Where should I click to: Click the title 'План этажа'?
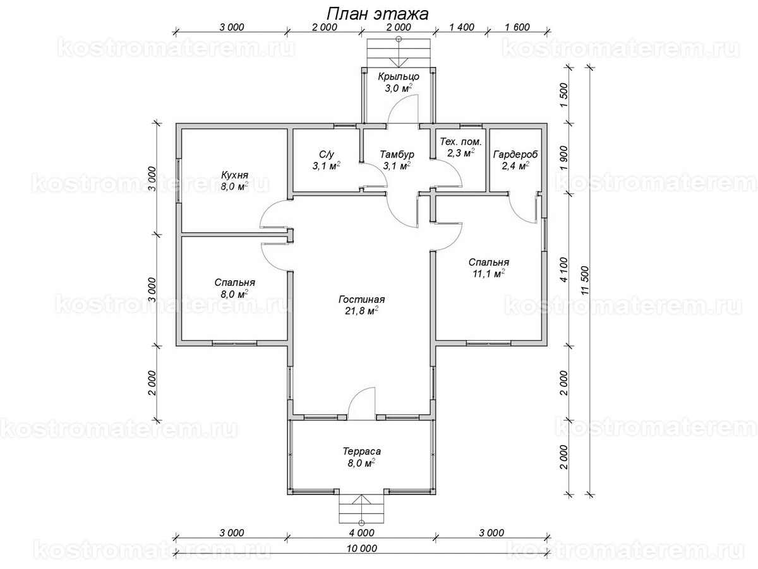[377, 14]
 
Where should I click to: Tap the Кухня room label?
[234, 175]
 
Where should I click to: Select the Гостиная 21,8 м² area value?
[361, 311]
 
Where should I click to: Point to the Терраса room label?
[361, 451]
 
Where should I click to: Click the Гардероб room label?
[515, 154]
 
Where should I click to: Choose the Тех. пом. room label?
[460, 142]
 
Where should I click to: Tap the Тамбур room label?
[397, 154]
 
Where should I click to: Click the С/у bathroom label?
[327, 154]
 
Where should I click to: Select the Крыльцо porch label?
[399, 76]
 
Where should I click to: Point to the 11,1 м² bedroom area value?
[489, 274]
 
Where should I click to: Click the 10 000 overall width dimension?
[361, 548]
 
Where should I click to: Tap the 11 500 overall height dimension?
[584, 280]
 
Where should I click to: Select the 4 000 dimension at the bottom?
[361, 533]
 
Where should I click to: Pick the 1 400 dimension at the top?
[462, 27]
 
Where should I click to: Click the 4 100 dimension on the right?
[564, 269]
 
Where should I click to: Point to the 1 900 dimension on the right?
[564, 157]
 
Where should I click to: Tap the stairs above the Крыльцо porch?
[399, 52]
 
